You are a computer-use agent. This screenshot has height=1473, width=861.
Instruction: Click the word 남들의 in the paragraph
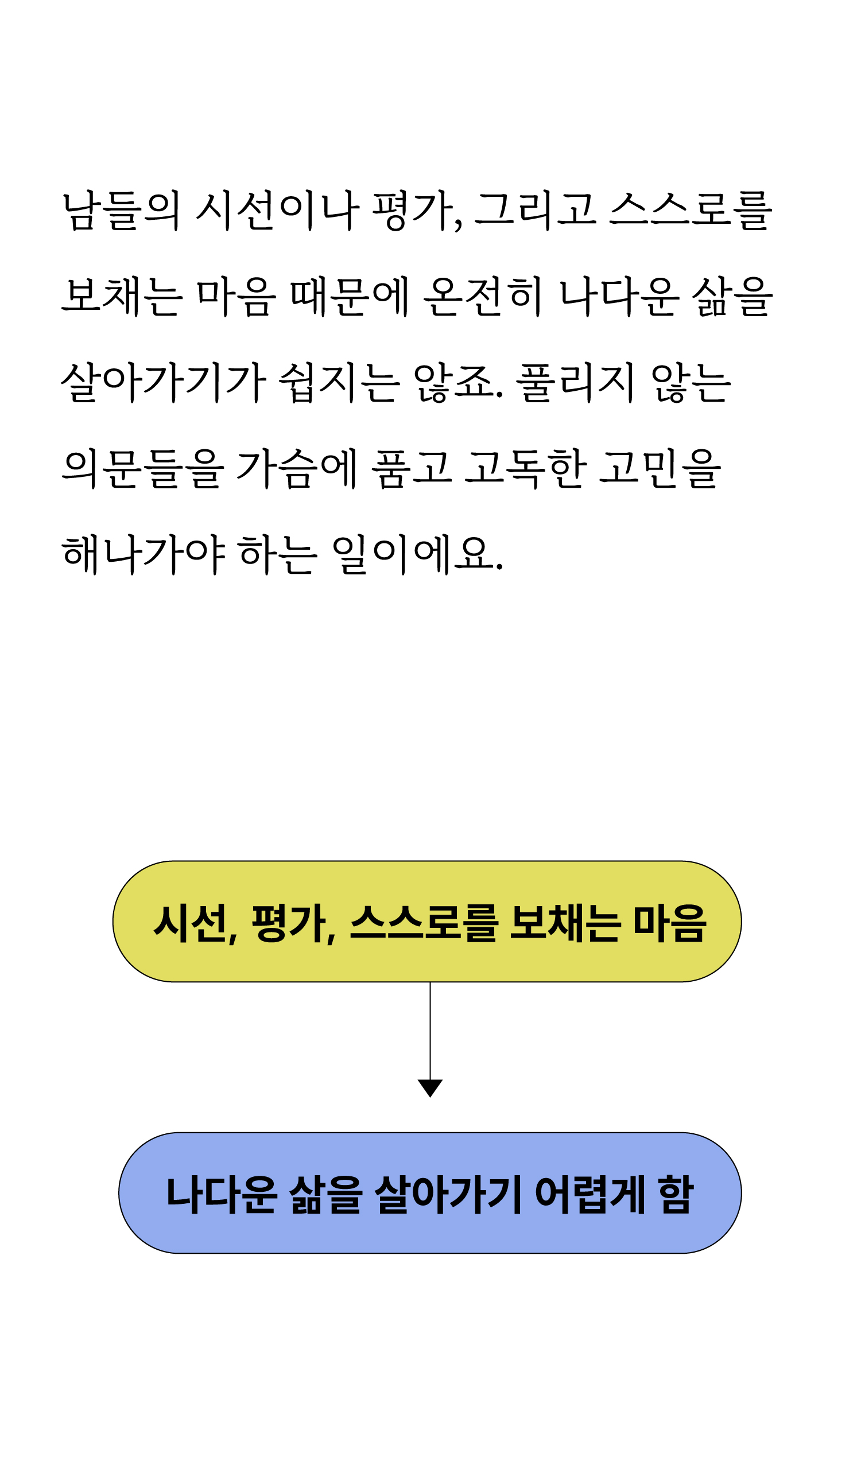tap(121, 210)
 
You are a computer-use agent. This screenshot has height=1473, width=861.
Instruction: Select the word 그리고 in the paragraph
tap(536, 210)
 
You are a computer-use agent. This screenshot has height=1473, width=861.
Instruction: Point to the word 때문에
tap(350, 296)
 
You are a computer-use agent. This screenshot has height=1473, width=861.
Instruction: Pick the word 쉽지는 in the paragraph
tap(339, 382)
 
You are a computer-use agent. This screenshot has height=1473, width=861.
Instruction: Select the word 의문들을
tap(142, 469)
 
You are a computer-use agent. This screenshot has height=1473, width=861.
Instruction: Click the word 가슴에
tap(297, 469)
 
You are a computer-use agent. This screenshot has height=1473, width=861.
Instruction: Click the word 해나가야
tap(143, 554)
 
